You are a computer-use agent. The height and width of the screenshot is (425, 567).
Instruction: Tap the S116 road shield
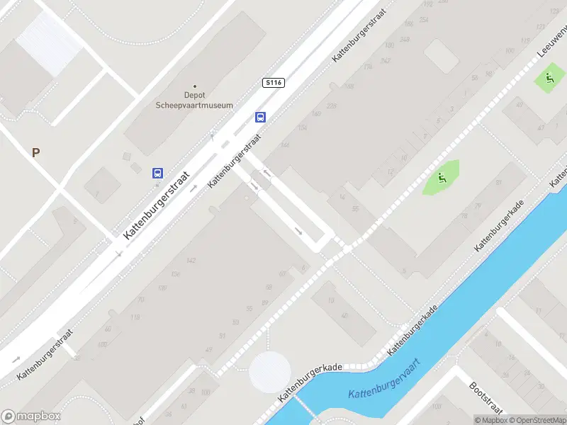273,83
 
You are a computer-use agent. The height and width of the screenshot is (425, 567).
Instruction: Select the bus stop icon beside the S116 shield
261,118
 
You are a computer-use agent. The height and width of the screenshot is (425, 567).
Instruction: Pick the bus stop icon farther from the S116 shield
157,173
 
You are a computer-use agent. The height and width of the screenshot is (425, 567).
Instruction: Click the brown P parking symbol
35,152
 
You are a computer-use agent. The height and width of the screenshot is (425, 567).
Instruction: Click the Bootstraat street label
485,398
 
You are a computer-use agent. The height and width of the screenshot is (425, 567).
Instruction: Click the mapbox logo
31,416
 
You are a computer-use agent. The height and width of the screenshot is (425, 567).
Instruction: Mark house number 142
190,261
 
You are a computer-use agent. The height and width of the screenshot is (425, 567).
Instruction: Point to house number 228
315,113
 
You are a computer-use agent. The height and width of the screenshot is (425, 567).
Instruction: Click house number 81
498,183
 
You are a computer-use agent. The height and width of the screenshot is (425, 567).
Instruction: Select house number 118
134,316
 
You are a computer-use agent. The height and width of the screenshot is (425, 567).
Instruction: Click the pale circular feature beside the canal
269,371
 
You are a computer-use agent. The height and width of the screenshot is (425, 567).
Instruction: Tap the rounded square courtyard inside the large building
441,56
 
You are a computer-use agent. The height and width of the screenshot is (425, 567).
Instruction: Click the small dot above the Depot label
194,86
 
